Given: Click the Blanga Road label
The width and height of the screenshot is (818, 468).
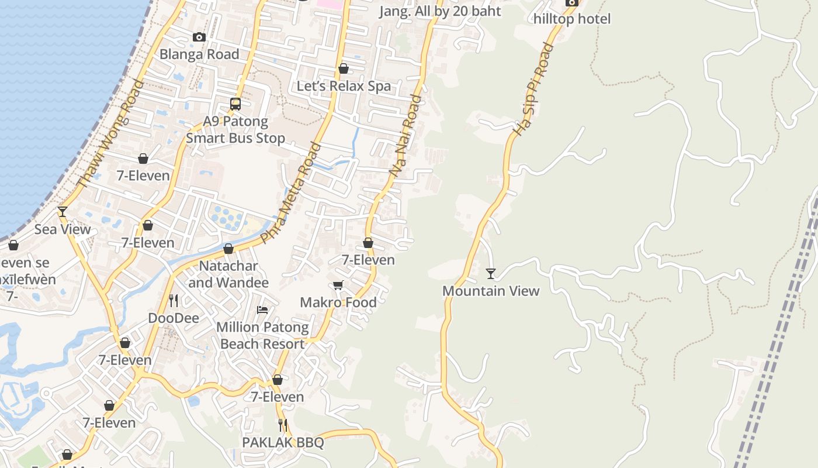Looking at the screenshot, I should pyautogui.click(x=199, y=54).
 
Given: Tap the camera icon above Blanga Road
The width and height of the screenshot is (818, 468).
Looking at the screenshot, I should pyautogui.click(x=199, y=37).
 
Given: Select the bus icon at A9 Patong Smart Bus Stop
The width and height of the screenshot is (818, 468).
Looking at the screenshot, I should pyautogui.click(x=235, y=104).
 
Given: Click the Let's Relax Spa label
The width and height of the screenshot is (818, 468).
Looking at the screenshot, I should pyautogui.click(x=344, y=86).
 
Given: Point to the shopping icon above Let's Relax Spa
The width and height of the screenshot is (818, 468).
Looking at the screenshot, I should pyautogui.click(x=344, y=69).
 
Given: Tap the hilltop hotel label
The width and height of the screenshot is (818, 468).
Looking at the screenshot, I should pyautogui.click(x=571, y=19).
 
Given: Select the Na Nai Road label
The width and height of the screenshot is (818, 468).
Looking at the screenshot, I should pyautogui.click(x=405, y=136).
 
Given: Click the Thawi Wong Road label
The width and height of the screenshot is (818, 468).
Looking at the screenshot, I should pyautogui.click(x=110, y=134).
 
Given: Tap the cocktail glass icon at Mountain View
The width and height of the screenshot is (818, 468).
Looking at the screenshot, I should pyautogui.click(x=491, y=274).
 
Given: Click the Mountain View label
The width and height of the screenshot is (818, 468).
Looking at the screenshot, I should pyautogui.click(x=491, y=291).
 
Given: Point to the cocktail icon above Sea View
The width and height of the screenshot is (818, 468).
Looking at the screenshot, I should pyautogui.click(x=63, y=212).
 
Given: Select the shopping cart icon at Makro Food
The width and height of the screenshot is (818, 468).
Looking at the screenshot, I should pyautogui.click(x=338, y=285).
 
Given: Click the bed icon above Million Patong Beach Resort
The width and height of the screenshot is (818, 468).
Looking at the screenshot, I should pyautogui.click(x=262, y=310).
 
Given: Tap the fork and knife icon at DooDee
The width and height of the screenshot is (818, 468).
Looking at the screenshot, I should pyautogui.click(x=174, y=301).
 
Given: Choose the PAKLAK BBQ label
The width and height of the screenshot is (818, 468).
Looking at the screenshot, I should pyautogui.click(x=283, y=442).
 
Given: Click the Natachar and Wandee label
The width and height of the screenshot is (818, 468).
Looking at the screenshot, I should pyautogui.click(x=228, y=274).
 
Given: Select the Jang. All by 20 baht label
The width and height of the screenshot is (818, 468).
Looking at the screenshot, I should pyautogui.click(x=440, y=11).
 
